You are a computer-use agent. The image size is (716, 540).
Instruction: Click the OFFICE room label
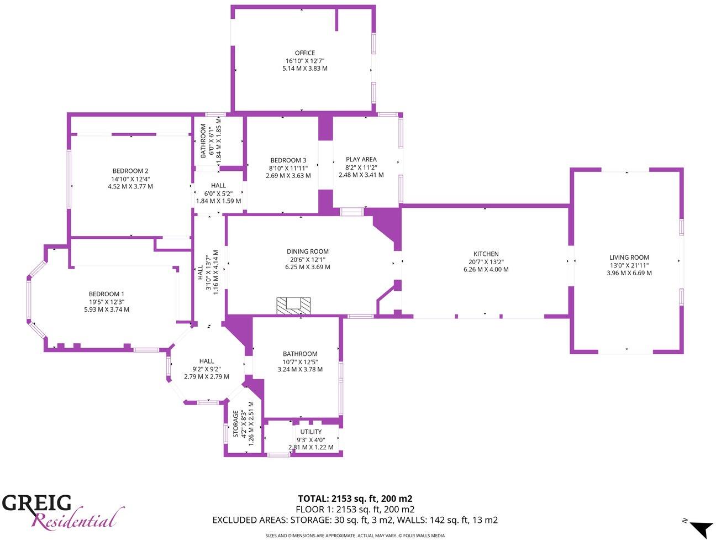click(304, 53)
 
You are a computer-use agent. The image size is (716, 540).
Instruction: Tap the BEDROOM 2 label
click(130, 171)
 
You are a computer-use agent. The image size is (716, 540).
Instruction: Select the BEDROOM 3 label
click(288, 160)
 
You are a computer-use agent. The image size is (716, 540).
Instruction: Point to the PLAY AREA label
click(361, 160)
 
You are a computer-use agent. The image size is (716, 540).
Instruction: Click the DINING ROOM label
click(308, 251)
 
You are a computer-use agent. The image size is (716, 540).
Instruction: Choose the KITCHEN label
click(486, 254)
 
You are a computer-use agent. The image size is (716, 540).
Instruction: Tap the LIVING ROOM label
click(629, 258)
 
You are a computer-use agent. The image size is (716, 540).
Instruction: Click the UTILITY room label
click(311, 432)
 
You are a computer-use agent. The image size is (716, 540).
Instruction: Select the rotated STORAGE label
click(236, 423)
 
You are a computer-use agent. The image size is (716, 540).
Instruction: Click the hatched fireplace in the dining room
click(293, 306)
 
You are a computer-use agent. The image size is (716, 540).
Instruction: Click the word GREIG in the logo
click(37, 504)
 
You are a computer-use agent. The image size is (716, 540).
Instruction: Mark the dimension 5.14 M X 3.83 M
click(304, 69)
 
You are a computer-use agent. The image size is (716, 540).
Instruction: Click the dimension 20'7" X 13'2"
click(486, 262)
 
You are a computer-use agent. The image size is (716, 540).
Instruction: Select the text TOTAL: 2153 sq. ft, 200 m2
click(355, 499)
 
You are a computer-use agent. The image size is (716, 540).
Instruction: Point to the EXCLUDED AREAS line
click(355, 520)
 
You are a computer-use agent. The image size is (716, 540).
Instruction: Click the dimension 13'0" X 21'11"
click(629, 265)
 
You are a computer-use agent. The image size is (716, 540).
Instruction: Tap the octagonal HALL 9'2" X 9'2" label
click(207, 361)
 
